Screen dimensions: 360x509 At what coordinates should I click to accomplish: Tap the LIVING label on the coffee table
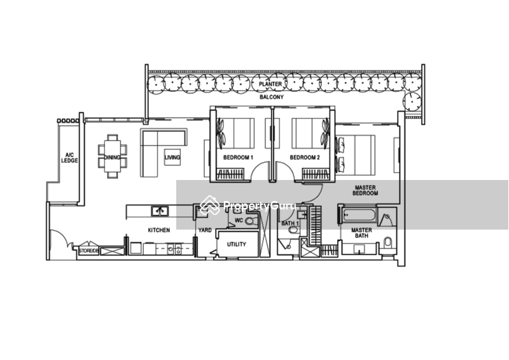tap(172, 157)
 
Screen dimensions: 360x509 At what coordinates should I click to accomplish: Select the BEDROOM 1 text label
tap(239, 157)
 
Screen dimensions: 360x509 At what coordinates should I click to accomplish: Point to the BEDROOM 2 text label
tap(304, 157)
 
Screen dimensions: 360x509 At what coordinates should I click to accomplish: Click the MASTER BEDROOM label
tap(366, 190)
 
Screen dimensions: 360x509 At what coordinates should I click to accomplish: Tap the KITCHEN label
tap(158, 230)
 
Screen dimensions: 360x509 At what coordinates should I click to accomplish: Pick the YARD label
tap(204, 229)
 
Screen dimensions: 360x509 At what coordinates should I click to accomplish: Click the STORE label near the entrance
tap(88, 251)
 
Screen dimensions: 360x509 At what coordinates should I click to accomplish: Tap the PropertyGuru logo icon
tap(207, 205)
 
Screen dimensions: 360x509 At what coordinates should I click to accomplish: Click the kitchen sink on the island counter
tap(160, 211)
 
